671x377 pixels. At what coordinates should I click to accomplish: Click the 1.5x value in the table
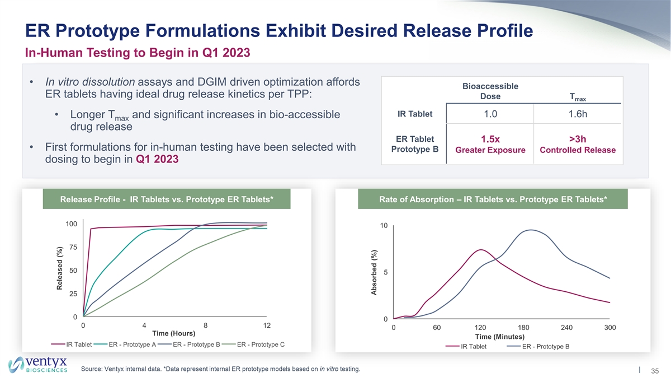coord(490,139)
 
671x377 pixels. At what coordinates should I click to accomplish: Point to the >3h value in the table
coord(578,139)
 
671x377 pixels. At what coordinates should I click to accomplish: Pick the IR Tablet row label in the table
coord(414,114)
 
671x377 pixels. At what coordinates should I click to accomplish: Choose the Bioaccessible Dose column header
coord(490,91)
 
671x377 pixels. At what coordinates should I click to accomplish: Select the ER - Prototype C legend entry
coord(261,344)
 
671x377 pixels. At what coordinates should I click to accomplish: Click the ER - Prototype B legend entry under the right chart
coord(545,346)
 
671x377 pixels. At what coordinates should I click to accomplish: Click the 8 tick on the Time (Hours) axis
coord(206,325)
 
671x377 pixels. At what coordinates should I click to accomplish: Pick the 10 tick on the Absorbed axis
coord(384,226)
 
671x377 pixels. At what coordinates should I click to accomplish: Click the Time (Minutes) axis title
coord(499,336)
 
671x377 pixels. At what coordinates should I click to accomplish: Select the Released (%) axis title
coord(59,269)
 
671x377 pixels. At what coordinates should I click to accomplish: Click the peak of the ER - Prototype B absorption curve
coord(528,230)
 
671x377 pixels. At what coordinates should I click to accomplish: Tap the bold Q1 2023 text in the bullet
coord(157,159)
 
